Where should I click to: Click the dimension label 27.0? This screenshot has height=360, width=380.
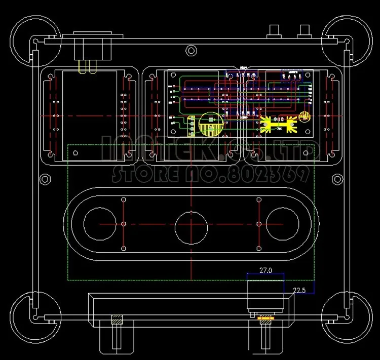click(x=265, y=271)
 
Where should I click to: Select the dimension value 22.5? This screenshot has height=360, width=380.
click(x=299, y=290)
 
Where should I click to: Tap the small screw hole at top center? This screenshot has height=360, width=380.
click(x=191, y=50)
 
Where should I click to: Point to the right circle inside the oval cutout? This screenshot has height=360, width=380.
click(x=282, y=223)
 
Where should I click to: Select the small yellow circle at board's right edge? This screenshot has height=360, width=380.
click(x=304, y=117)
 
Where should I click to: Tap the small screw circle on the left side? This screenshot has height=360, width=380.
click(x=44, y=179)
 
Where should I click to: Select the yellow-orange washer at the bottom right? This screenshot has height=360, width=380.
click(x=265, y=318)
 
